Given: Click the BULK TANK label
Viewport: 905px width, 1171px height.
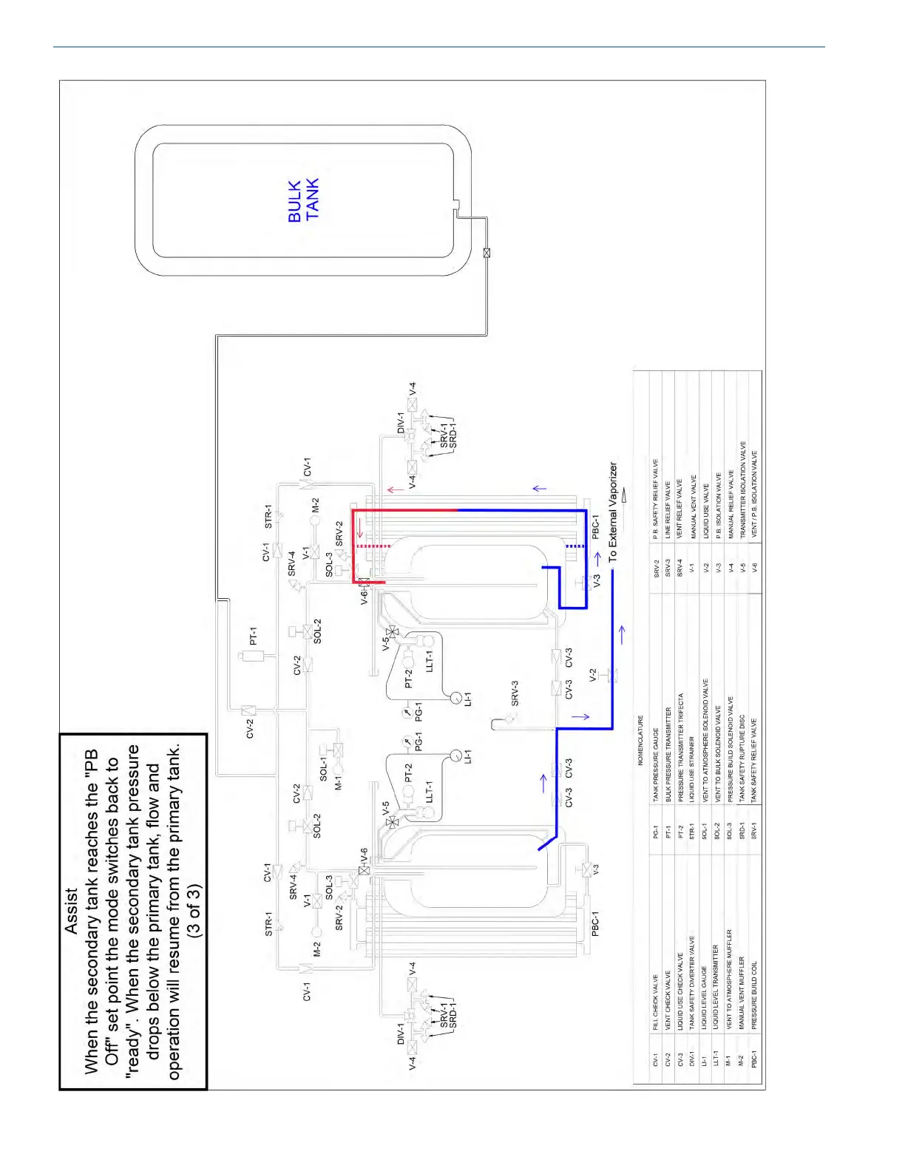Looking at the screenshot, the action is (303, 200).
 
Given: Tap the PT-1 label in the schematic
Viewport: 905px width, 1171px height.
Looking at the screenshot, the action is (253, 636).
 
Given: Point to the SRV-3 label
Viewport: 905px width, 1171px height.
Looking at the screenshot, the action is (515, 693).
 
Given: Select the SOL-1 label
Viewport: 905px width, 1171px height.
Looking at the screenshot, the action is (323, 768).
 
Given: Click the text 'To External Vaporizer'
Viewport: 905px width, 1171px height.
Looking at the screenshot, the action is (613, 512).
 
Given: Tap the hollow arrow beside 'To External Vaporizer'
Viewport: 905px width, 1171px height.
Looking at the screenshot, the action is (626, 492).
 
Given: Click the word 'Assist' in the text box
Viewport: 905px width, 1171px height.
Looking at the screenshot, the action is (72, 911).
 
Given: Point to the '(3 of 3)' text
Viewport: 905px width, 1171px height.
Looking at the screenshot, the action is (194, 911).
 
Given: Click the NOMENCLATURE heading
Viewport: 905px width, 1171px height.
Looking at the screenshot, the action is (640, 740).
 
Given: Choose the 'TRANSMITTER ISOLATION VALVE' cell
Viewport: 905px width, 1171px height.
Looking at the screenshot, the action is (742, 489).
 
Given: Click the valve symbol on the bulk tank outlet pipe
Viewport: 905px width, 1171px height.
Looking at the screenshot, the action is (487, 253).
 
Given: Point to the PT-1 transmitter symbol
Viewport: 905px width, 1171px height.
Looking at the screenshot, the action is (247, 656).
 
